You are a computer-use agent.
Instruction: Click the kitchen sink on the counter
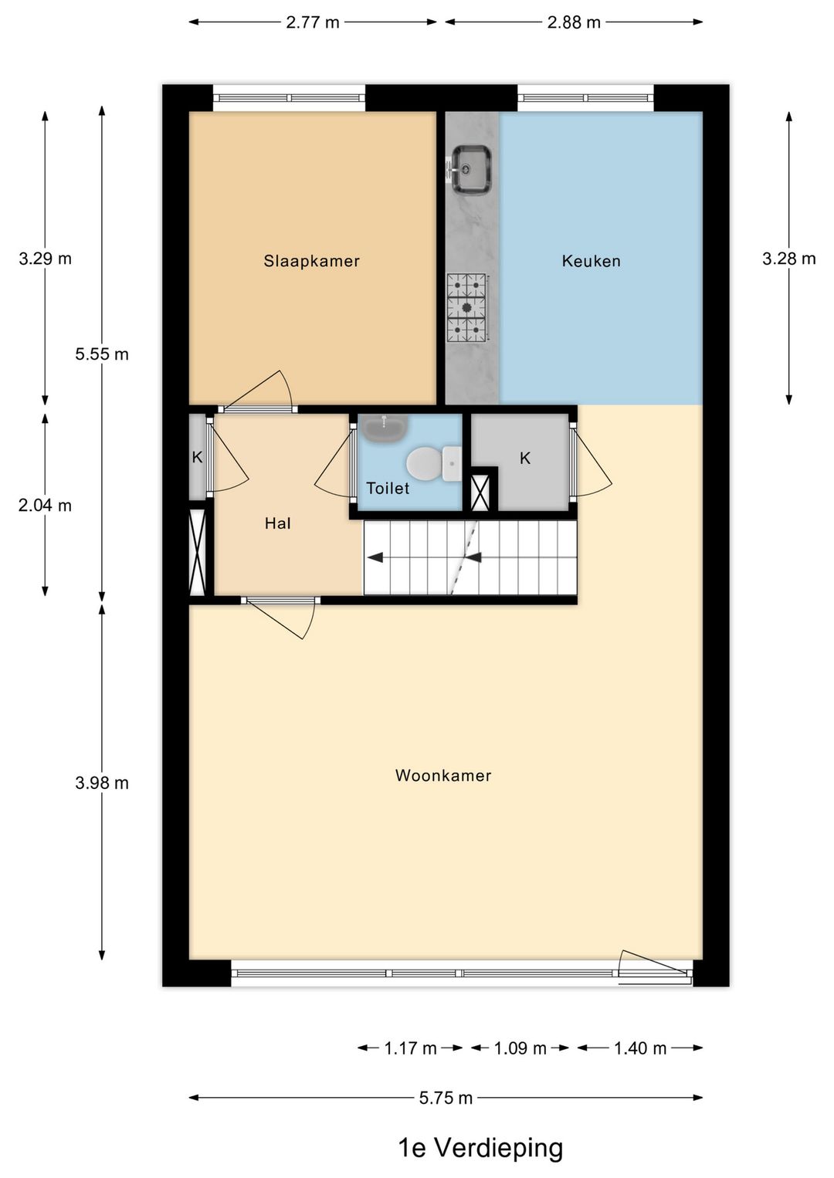[x=471, y=169]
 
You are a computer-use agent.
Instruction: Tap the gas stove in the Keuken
[x=467, y=307]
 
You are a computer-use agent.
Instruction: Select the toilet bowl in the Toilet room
[x=424, y=464]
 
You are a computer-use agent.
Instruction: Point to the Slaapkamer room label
[x=311, y=261]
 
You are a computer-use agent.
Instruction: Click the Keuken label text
[x=591, y=261]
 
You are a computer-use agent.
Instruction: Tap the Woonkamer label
[x=442, y=775]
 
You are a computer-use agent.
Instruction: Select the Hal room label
[x=277, y=523]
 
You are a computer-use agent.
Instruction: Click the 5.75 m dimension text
[x=446, y=1098]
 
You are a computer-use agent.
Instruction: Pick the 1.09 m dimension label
[x=520, y=1048]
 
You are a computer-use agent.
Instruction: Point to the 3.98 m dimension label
[x=102, y=783]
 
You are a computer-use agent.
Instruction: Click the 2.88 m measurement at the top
[x=573, y=22]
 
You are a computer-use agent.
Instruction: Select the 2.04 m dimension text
[x=45, y=506]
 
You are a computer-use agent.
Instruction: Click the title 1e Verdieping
[x=480, y=1148]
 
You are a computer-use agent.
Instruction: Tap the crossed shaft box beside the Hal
[x=197, y=551]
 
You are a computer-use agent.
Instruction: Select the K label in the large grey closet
[x=525, y=459]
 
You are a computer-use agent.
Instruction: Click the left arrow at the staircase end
[x=375, y=557]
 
